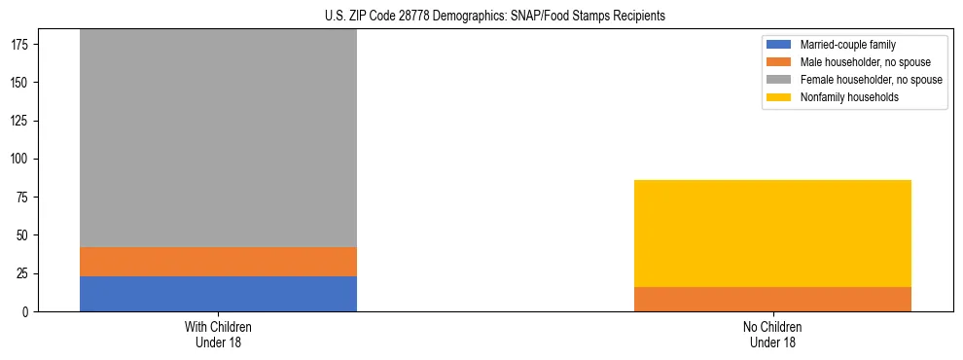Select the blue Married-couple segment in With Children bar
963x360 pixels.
(218, 294)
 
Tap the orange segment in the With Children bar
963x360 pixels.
(218, 262)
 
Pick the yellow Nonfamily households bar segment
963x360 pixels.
(772, 234)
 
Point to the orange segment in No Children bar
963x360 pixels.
(772, 299)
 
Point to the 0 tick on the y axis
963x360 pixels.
(27, 312)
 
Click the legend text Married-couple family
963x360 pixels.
(847, 45)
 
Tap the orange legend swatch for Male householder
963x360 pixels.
(779, 62)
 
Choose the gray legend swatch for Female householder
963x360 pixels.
(779, 80)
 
